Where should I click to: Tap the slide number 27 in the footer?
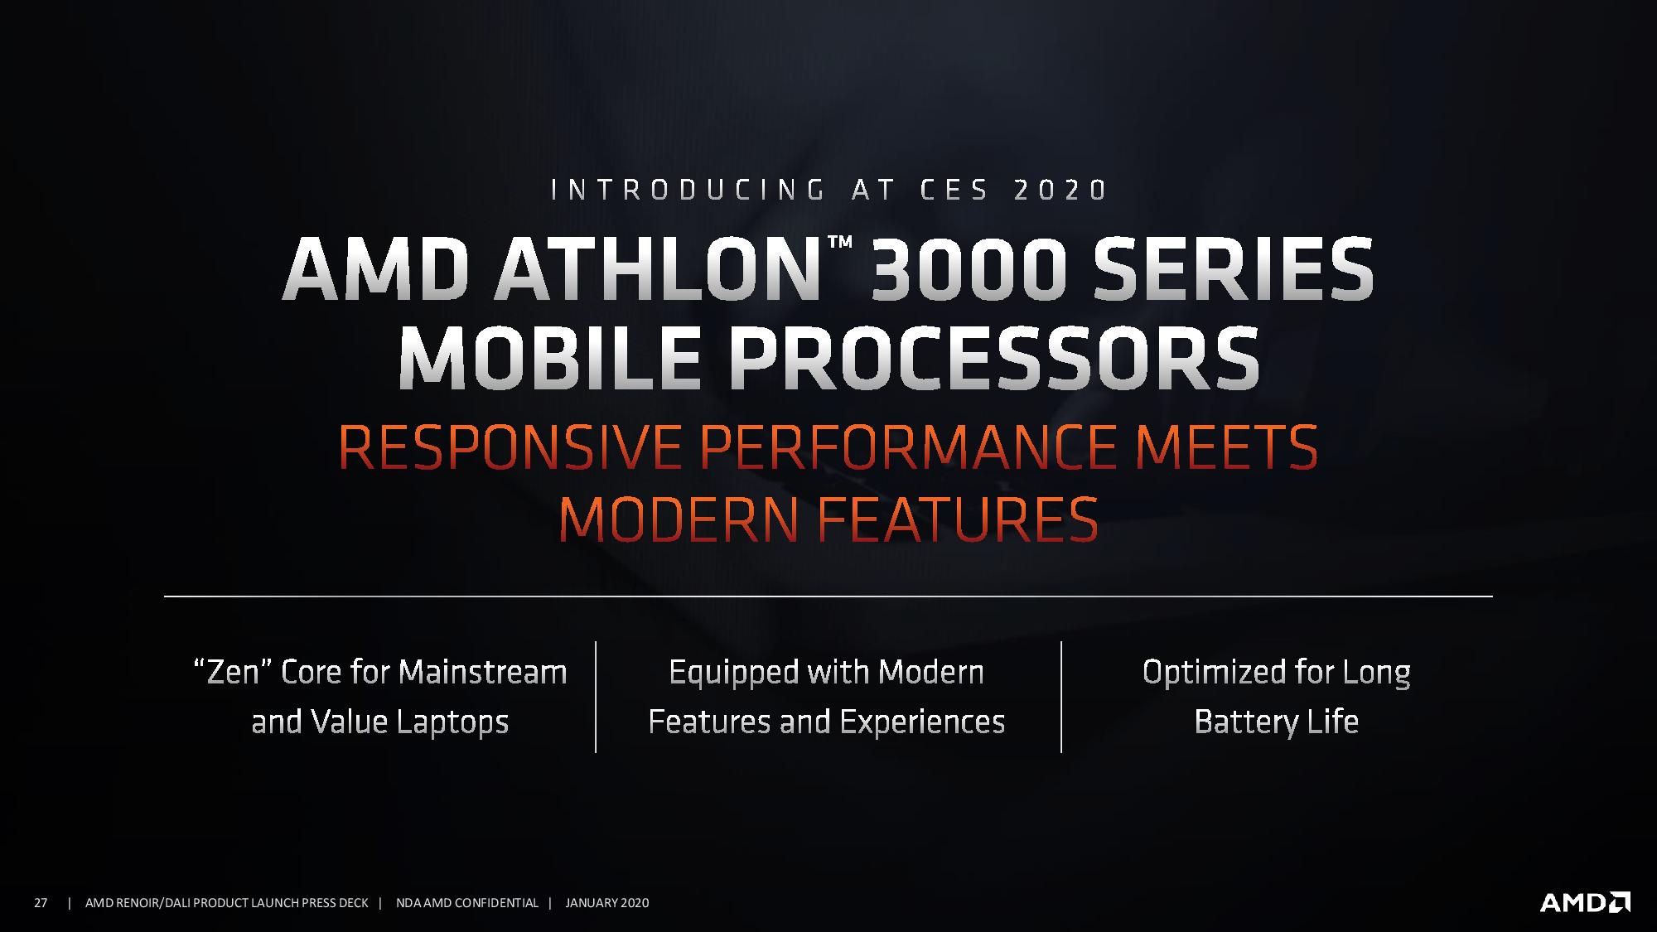tap(40, 903)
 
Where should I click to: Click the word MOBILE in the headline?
tap(549, 360)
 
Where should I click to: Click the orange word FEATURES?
tap(958, 519)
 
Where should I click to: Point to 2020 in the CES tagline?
tap(1060, 191)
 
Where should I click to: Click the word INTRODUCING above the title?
tap(688, 191)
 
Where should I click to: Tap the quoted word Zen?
tap(232, 672)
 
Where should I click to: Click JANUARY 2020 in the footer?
tap(607, 903)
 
